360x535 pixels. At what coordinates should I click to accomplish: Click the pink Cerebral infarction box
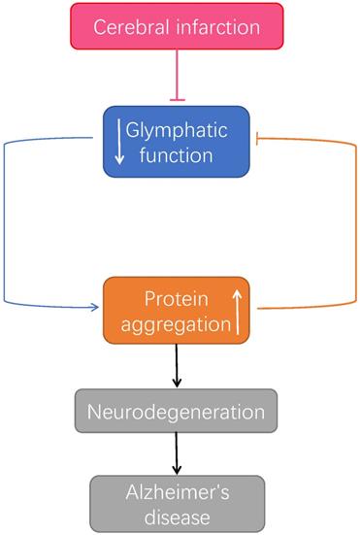pyautogui.click(x=177, y=25)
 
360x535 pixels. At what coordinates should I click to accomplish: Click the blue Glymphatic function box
pyautogui.click(x=177, y=142)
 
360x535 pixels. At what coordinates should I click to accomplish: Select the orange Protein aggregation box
pyautogui.click(x=176, y=310)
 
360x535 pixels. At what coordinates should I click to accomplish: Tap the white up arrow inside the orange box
pyautogui.click(x=236, y=310)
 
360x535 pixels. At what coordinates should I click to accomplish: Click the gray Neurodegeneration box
pyautogui.click(x=177, y=412)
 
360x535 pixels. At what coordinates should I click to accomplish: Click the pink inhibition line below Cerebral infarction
pyautogui.click(x=177, y=74)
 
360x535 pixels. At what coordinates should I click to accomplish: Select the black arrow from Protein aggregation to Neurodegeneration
pyautogui.click(x=177, y=365)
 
